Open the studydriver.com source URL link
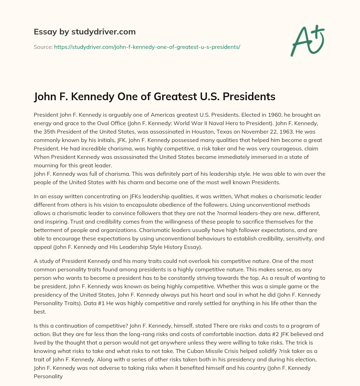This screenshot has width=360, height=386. point(147,47)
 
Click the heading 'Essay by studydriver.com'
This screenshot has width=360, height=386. point(84,32)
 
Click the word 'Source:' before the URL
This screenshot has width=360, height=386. point(43,47)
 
